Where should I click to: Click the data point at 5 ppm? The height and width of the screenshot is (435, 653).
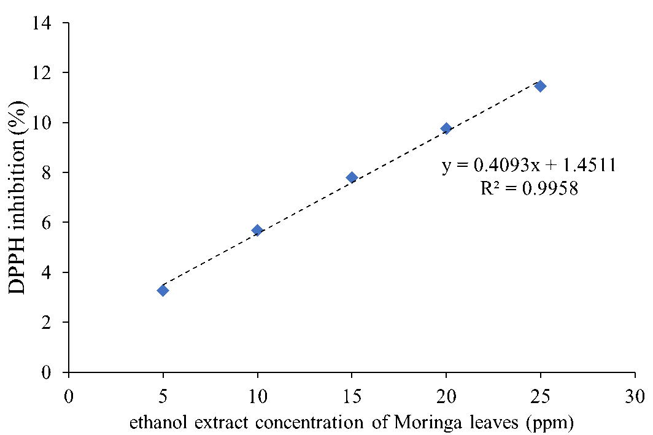click(163, 290)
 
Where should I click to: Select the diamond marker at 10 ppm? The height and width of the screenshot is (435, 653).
click(257, 230)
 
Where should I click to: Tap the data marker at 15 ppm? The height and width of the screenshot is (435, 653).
click(352, 177)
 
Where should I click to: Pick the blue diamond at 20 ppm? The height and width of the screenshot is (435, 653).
click(446, 128)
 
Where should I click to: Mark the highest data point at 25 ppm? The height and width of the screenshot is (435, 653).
click(541, 86)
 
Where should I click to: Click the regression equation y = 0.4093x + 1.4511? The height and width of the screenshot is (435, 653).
click(529, 165)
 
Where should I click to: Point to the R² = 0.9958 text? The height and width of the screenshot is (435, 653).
click(529, 188)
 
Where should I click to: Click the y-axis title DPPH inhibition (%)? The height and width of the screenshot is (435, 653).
click(17, 197)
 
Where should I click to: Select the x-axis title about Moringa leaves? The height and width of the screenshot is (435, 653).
click(352, 423)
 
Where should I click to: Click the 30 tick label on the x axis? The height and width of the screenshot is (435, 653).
click(635, 396)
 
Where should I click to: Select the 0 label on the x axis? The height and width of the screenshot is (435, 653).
click(69, 396)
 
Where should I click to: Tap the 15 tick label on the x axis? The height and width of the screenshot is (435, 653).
click(352, 396)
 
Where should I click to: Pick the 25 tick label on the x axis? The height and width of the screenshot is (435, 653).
click(541, 396)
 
